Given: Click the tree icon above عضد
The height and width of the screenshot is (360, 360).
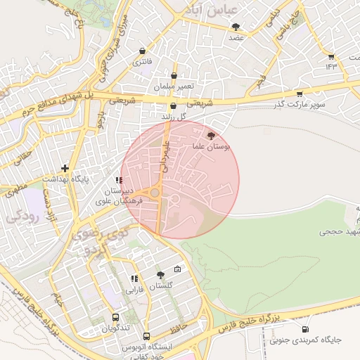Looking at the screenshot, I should [x=235, y=27].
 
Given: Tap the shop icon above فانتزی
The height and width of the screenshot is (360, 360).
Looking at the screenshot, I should [x=143, y=51].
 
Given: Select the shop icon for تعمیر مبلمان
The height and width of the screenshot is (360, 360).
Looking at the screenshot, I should [x=174, y=75].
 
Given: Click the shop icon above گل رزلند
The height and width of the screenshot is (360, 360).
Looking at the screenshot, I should [x=173, y=105].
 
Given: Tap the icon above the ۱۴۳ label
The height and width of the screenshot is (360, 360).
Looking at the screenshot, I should [x=331, y=56].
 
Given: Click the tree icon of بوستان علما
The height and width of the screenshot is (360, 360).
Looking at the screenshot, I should [x=212, y=135].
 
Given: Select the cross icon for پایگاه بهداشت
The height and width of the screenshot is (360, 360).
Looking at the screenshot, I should [x=65, y=168].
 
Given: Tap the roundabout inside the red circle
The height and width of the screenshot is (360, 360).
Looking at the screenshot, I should [x=155, y=192].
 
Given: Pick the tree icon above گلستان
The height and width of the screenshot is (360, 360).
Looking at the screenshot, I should [x=160, y=275].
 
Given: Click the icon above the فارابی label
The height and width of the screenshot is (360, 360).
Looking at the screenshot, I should [x=134, y=279].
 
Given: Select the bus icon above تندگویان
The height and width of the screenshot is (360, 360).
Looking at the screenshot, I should [x=115, y=317].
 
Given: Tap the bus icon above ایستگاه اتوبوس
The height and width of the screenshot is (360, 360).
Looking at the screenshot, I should [x=146, y=336].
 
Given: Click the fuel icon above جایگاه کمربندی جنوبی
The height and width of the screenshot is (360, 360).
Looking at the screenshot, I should [x=304, y=329].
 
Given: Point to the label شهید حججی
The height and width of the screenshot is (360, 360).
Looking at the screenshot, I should [x=339, y=231].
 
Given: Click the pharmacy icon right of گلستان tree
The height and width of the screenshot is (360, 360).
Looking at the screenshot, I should [x=177, y=269].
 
